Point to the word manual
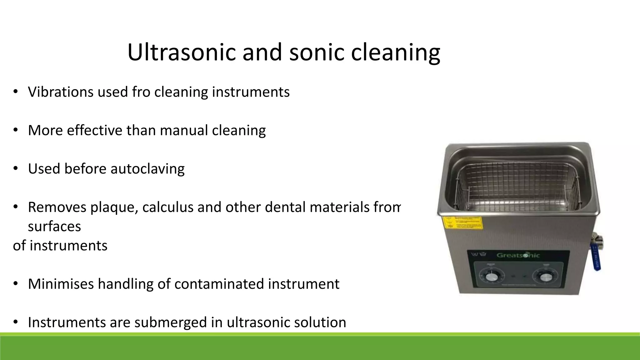point(184,130)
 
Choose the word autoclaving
point(147,169)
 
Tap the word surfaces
point(54,227)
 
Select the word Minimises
point(61,284)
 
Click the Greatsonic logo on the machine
point(518,255)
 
